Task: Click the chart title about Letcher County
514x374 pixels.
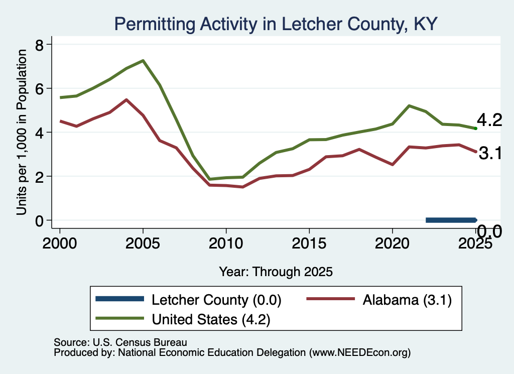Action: pos(276,24)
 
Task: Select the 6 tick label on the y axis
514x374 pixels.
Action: pos(39,88)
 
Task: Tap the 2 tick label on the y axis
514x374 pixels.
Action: pos(39,176)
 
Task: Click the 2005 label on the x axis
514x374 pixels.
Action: pos(143,243)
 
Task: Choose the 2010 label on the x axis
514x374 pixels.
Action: pos(226,243)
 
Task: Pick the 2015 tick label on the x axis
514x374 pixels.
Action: pos(309,243)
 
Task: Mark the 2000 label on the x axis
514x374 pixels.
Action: pos(60,243)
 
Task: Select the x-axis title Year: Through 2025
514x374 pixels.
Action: pos(276,272)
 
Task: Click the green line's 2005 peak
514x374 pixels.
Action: pos(143,61)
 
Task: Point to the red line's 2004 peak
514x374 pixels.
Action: pos(126,99)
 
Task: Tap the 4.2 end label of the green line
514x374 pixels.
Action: pos(489,120)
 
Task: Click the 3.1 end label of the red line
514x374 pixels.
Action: pos(490,153)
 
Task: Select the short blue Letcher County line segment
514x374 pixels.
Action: pos(451,220)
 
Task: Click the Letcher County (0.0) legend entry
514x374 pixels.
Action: pos(189,300)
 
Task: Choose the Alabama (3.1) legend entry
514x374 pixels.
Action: pos(379,300)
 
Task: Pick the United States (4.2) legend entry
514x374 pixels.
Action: pos(183,319)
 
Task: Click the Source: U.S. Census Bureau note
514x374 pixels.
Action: pos(120,342)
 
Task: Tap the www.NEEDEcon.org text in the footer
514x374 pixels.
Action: pos(359,352)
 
